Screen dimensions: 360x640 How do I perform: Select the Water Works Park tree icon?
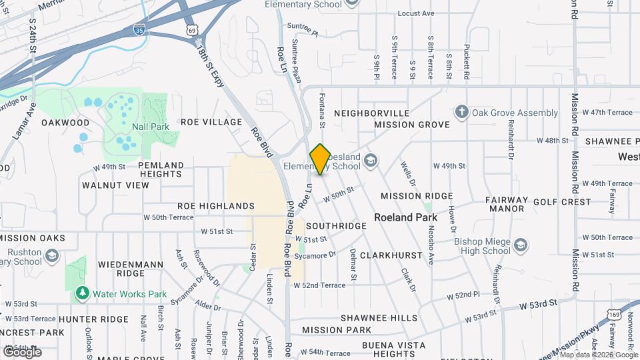[x=82, y=293]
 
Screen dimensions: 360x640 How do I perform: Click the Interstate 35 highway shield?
[x=139, y=30]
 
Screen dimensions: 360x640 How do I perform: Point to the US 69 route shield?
[x=193, y=31]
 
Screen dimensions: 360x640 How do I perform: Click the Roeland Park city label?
[x=405, y=217]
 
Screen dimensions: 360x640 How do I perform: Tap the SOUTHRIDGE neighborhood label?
[x=336, y=226]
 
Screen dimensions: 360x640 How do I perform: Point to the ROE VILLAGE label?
[x=211, y=122]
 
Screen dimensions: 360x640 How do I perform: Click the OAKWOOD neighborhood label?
[x=65, y=123]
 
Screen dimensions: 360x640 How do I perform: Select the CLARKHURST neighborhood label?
[x=391, y=255]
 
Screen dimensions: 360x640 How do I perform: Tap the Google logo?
[x=22, y=351]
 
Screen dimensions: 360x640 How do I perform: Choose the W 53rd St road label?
[x=538, y=304]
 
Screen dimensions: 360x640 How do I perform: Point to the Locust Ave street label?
[x=416, y=13]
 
